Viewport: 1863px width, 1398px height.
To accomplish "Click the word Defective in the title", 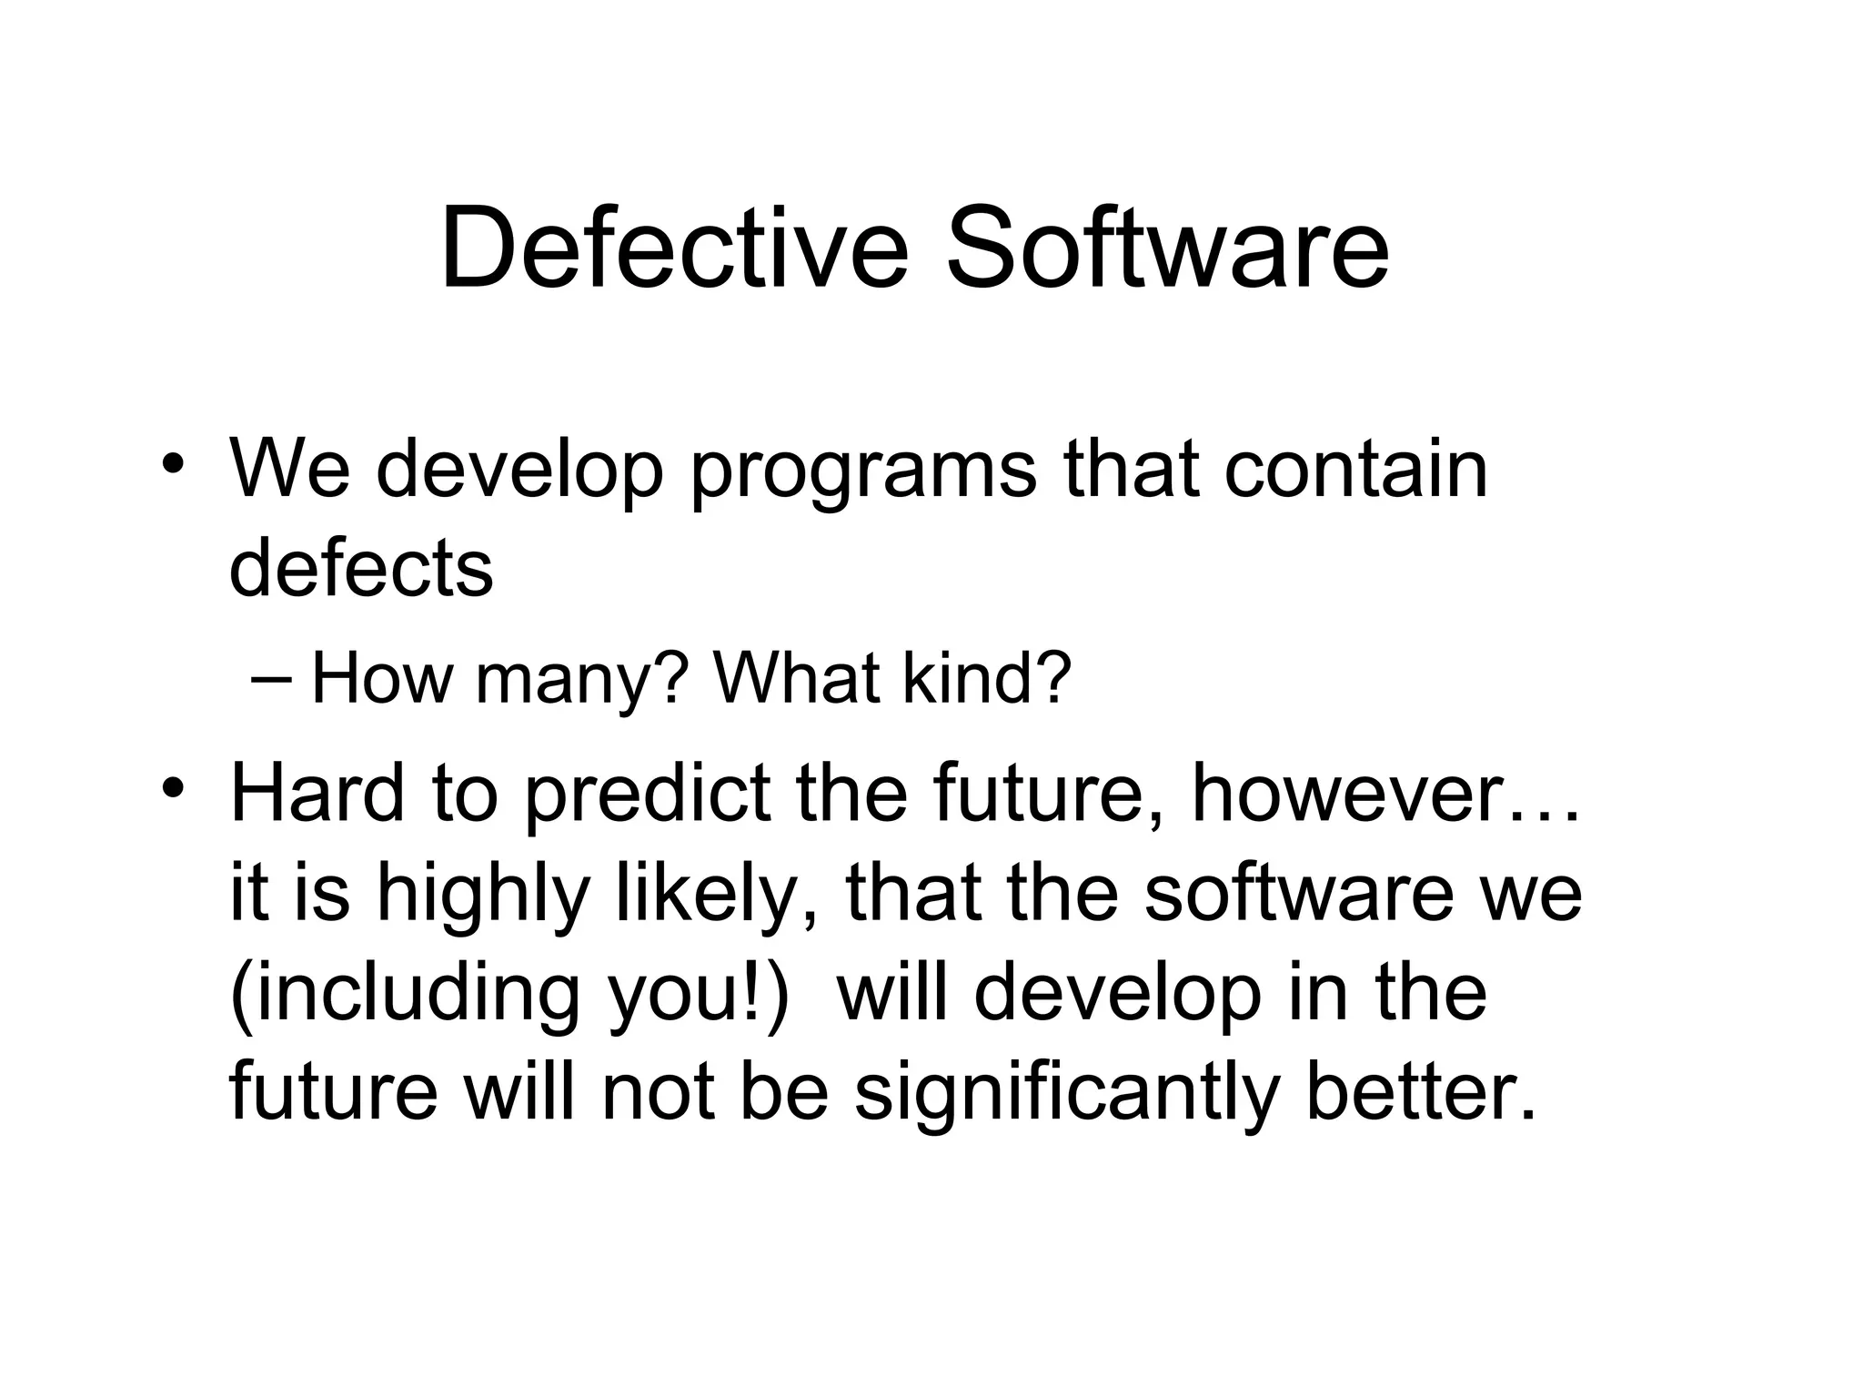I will pos(674,248).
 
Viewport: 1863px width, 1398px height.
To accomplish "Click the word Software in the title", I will pos(1167,248).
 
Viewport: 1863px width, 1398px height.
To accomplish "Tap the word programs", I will pos(862,471).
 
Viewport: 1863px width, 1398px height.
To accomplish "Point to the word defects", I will pos(360,568).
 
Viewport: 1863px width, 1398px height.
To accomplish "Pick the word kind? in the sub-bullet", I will pos(987,678).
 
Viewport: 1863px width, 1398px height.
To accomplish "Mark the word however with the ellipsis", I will pos(1385,795).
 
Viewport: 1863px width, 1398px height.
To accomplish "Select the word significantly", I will pos(1067,1094).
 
